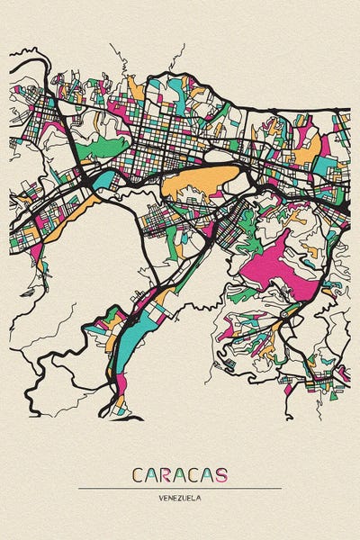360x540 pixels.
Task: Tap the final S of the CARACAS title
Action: tap(220, 474)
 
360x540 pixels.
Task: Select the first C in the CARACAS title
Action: tap(138, 474)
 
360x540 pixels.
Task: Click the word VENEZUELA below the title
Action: tap(180, 497)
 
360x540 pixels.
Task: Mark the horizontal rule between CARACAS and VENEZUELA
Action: tap(180, 488)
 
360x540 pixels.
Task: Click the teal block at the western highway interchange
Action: tap(102, 179)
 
